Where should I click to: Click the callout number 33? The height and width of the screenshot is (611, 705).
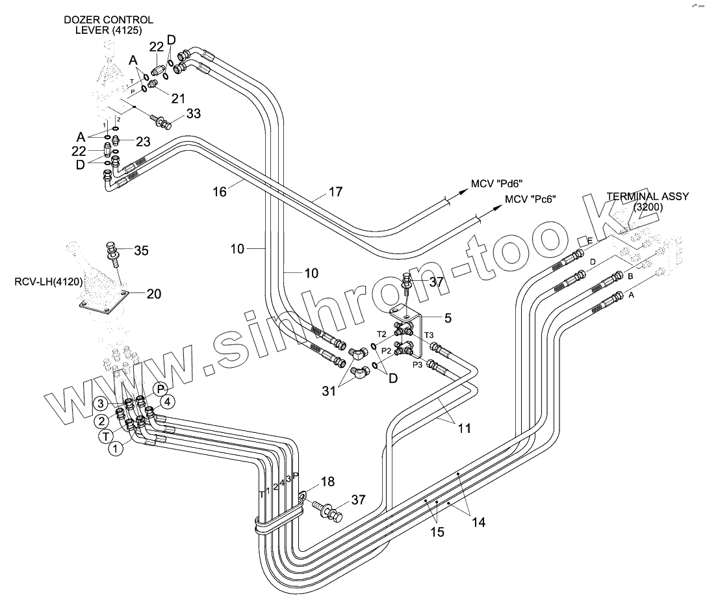[193, 114]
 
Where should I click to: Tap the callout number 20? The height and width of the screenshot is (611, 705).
[154, 294]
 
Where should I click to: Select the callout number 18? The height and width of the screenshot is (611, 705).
[327, 482]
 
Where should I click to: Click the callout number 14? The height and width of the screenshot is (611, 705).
[478, 522]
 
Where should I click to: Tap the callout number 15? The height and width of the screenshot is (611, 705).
[437, 532]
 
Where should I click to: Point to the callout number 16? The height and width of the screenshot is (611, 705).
[220, 191]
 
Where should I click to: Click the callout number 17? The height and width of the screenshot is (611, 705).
[335, 192]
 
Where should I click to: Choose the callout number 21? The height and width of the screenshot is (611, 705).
[178, 98]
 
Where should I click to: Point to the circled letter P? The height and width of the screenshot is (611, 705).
[160, 389]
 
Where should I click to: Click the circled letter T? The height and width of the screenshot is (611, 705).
[105, 436]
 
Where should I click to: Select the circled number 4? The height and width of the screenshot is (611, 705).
[167, 402]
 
